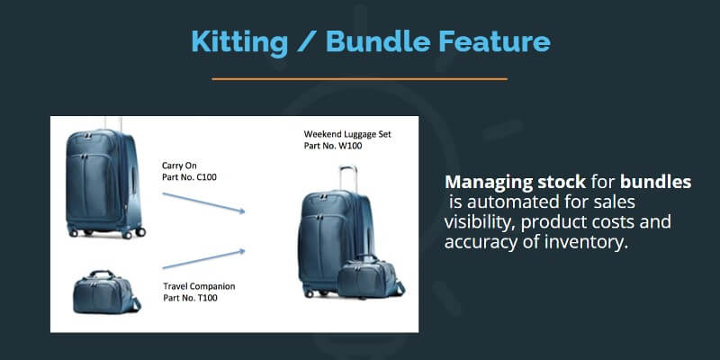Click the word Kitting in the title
point(239,41)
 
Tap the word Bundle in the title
point(378,41)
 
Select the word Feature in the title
point(494,41)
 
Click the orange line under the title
point(359,79)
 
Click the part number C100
point(189,176)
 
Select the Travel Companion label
point(199,286)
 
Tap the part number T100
point(190,298)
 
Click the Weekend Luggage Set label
point(347,134)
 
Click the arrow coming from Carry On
point(203,202)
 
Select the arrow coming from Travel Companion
point(203,259)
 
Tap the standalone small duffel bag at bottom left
point(106,292)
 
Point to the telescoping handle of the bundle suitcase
point(348,178)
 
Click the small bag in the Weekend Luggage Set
point(371,276)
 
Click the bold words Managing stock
point(515,183)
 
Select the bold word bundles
point(656,182)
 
